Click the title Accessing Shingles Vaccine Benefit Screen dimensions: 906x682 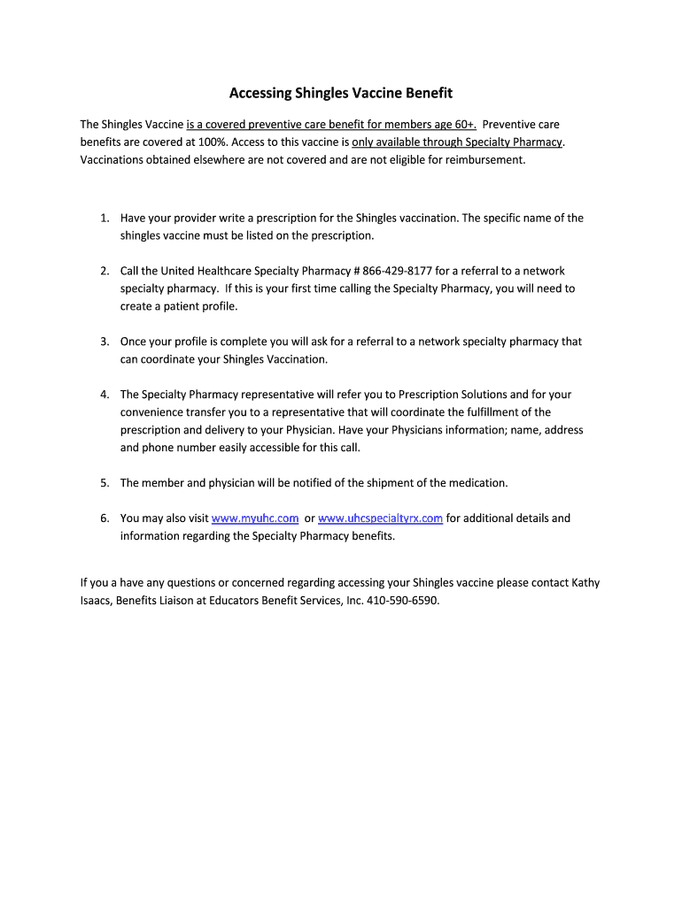341,93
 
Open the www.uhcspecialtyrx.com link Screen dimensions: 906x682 380,518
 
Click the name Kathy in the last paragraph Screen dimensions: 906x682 585,583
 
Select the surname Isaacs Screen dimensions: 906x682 96,601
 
